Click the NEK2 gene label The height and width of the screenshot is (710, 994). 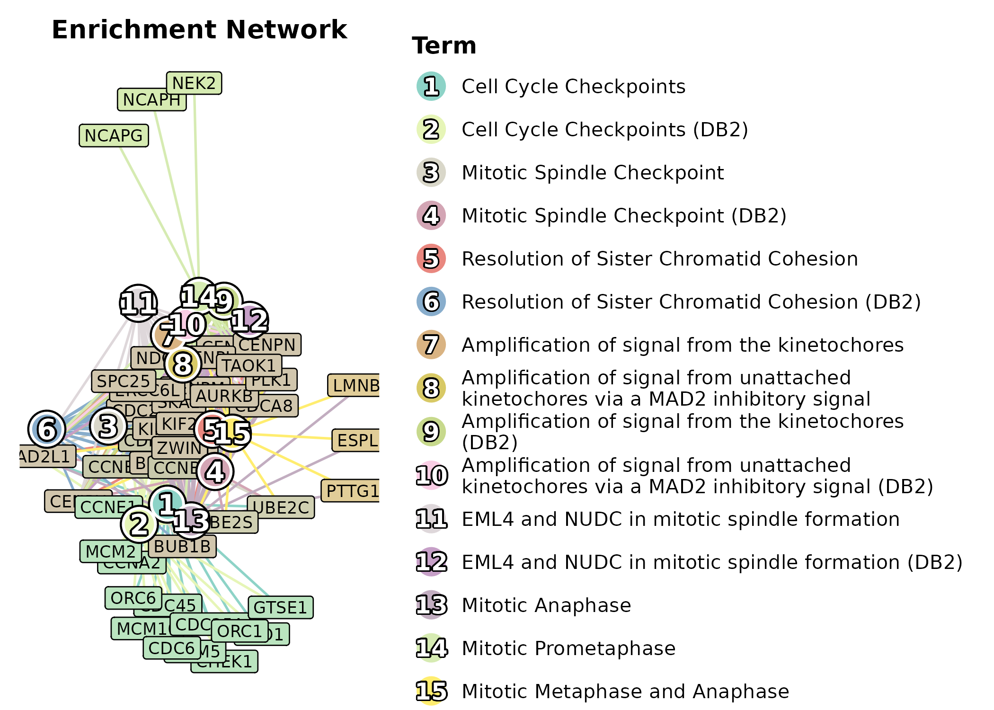click(194, 83)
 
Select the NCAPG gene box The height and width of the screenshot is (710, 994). click(114, 136)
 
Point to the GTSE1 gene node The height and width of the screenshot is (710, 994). click(281, 607)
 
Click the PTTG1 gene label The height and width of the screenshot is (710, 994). click(352, 491)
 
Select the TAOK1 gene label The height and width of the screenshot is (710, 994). click(249, 365)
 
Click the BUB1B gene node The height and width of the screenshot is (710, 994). click(182, 547)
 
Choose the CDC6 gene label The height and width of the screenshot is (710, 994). click(171, 648)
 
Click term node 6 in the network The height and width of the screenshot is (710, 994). click(47, 429)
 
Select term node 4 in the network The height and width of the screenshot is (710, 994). click(215, 471)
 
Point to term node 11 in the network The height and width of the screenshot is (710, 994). click(138, 303)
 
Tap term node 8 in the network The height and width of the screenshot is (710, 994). click(183, 364)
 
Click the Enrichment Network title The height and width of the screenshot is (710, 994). click(199, 30)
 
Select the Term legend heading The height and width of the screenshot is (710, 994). click(444, 46)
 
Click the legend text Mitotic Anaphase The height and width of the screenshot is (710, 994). click(546, 605)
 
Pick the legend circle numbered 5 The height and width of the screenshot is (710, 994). click(431, 259)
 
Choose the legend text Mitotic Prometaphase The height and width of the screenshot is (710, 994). click(568, 648)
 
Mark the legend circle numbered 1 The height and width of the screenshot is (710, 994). click(431, 87)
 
